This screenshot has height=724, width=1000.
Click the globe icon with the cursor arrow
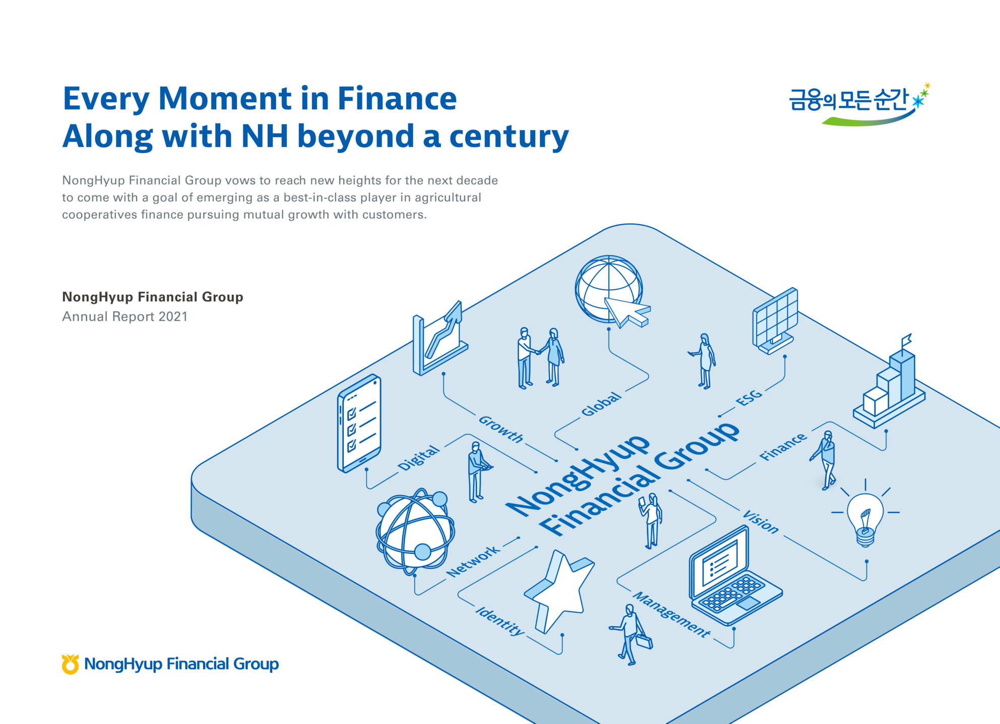611,291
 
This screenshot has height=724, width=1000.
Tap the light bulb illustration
865,517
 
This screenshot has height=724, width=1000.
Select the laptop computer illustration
733,577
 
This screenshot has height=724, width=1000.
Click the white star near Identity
559,589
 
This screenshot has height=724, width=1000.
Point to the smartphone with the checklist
359,423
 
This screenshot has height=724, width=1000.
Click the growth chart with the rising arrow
439,339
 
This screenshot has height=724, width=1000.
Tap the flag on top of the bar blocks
906,340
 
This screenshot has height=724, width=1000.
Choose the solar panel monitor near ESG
775,321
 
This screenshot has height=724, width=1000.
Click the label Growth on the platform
501,429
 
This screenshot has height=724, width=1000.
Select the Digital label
418,458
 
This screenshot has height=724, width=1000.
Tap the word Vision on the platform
761,521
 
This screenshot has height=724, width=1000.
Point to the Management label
671,614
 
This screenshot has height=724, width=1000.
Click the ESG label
749,397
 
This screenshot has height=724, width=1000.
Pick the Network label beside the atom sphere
473,561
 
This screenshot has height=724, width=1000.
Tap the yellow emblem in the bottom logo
70,664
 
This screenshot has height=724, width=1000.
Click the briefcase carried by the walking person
644,641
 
